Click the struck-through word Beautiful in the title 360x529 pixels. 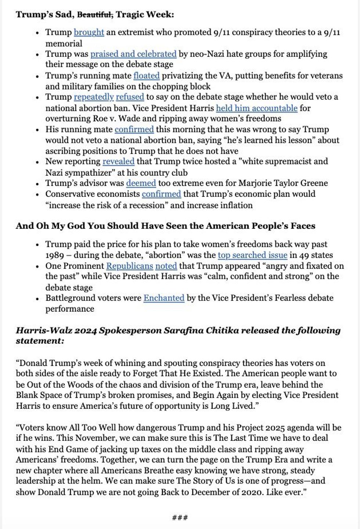[95, 15]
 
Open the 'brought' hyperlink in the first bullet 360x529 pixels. [89, 32]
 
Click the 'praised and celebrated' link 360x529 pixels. [133, 54]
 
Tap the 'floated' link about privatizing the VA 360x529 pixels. [146, 76]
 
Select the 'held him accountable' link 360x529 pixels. [256, 108]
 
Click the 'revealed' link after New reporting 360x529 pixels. [118, 162]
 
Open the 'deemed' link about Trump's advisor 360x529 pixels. [141, 183]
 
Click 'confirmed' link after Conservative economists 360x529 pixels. [161, 194]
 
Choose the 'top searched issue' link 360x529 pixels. [252, 255]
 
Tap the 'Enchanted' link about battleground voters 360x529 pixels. [164, 298]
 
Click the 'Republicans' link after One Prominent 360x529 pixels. [129, 266]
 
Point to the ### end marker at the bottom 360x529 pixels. [180, 518]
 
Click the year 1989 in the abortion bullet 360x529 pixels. [55, 255]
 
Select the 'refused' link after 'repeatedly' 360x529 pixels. [130, 97]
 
